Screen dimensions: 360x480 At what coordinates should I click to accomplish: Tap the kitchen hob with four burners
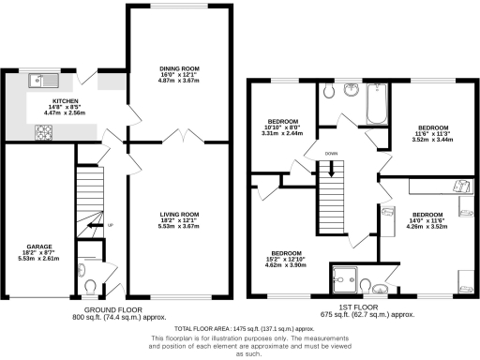[44, 133]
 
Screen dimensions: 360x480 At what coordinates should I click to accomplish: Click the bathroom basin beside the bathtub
[351, 91]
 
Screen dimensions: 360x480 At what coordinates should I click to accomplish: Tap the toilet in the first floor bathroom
[327, 92]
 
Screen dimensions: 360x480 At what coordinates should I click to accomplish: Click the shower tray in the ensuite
[346, 278]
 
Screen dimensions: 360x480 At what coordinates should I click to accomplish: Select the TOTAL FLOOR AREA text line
[238, 330]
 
